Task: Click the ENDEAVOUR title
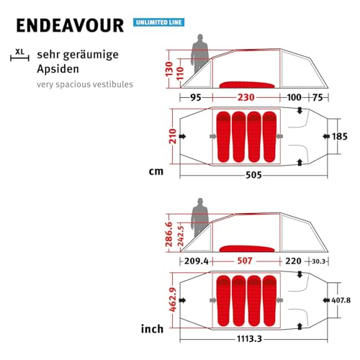pos(70,25)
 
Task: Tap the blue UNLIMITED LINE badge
pos(158,22)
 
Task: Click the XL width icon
pos(19,55)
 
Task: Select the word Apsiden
pos(58,69)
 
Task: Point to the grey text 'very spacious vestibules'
pos(85,84)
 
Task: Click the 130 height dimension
pos(169,69)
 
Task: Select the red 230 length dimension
pos(246,97)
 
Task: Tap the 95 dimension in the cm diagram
pos(196,97)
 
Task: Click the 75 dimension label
pos(318,97)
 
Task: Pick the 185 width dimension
pos(340,136)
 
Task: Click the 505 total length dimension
pos(253,175)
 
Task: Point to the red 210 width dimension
pos(173,136)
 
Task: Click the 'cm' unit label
pos(156,171)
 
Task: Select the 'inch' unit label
pos(152,328)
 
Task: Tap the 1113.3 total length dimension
pos(249,339)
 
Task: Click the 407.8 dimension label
pos(341,300)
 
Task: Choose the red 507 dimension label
pos(245,261)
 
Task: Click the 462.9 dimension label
pos(173,300)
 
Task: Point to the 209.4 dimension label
pos(197,261)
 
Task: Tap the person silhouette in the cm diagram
pos(199,53)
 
